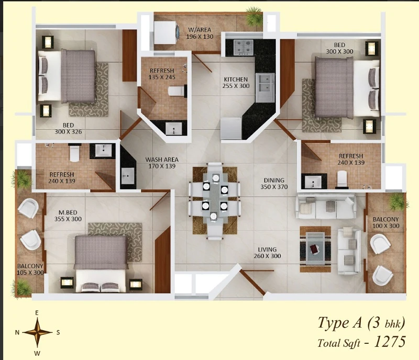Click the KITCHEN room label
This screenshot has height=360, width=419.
236,80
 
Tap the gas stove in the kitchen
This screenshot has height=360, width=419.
243,47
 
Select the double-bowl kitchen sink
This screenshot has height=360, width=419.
265,87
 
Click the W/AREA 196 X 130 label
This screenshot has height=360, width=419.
200,33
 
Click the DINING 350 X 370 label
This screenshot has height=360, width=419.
274,184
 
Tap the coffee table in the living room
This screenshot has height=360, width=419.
316,249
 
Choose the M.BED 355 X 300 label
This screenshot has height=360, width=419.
68,216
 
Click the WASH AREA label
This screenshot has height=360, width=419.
162,160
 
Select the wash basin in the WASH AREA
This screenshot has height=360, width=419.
127,176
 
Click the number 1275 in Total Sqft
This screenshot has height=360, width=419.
390,342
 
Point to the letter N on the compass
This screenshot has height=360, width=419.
17,332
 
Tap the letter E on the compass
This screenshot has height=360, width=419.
37,313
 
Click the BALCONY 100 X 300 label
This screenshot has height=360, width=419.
386,222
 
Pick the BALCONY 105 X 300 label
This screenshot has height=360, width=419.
30,269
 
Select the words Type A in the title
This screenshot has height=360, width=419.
339,322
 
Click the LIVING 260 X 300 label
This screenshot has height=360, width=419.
267,253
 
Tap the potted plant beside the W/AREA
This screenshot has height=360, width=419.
254,17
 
